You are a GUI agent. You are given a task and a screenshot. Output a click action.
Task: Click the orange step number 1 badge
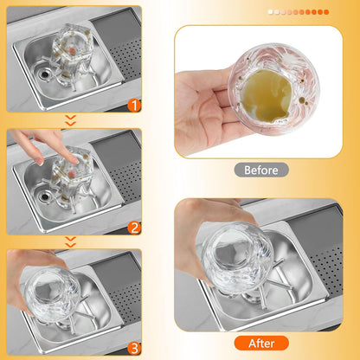[133, 106]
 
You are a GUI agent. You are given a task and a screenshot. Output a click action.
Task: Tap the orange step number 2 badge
[133, 228]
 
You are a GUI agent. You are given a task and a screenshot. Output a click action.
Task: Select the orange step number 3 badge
[133, 347]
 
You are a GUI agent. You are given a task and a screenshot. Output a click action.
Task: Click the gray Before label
[261, 170]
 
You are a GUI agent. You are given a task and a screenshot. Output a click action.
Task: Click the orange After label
[261, 344]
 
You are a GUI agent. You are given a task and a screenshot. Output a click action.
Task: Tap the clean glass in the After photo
[232, 252]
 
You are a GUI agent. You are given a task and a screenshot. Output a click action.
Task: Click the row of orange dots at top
[298, 12]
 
